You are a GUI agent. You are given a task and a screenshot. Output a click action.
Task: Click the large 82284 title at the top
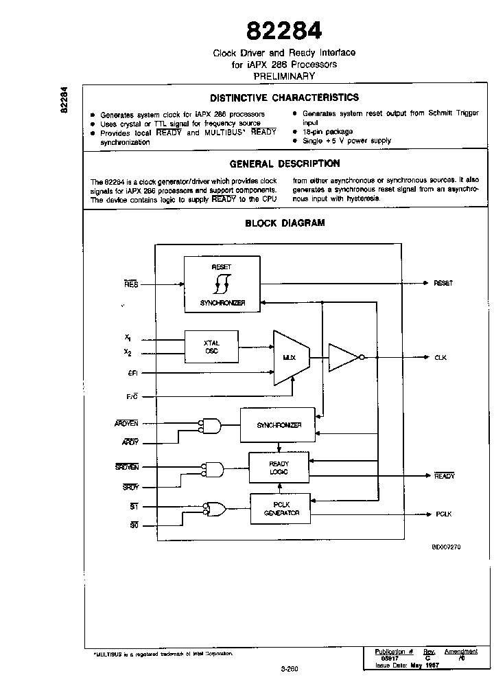click(284, 30)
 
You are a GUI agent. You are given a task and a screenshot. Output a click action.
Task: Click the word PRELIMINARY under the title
click(284, 76)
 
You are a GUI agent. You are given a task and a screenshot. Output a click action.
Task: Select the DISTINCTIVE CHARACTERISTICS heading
click(284, 98)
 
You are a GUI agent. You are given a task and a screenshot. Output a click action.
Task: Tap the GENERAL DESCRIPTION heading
click(284, 163)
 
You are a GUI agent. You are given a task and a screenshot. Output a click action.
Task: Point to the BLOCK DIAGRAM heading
click(285, 223)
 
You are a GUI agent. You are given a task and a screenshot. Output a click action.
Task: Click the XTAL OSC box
click(211, 347)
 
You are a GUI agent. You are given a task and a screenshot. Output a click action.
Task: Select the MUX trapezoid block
click(291, 357)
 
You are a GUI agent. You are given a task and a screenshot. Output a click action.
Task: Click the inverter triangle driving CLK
click(343, 357)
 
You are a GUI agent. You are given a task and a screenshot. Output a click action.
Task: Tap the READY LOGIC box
click(279, 467)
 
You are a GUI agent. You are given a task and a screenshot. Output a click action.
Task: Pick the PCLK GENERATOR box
click(280, 509)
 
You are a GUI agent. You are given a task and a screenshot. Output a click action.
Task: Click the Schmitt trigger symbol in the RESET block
click(222, 282)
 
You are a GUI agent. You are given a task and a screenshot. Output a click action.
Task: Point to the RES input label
click(130, 283)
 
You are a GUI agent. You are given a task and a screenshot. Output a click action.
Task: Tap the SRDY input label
click(130, 487)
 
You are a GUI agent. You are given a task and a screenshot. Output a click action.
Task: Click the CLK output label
click(440, 357)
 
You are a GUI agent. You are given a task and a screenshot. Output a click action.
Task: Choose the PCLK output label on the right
click(443, 514)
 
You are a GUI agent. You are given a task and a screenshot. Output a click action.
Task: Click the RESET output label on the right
click(443, 283)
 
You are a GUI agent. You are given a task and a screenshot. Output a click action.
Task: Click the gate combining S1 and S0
click(215, 509)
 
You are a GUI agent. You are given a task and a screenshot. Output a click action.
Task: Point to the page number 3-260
click(289, 667)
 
